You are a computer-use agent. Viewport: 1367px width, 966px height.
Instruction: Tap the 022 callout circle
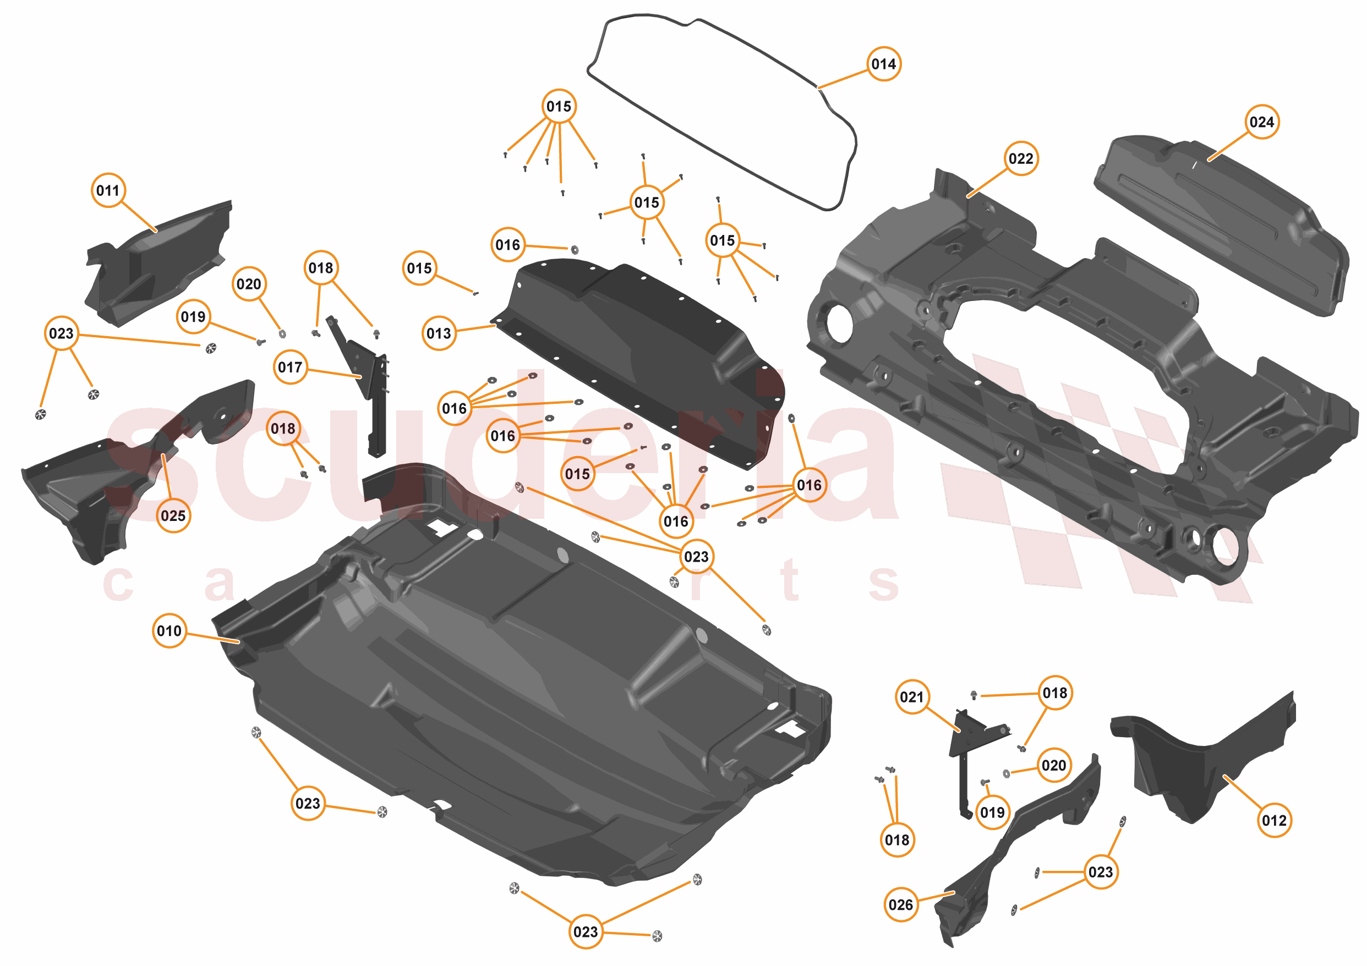click(1020, 158)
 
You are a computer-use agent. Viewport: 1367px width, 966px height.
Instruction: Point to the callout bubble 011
click(108, 190)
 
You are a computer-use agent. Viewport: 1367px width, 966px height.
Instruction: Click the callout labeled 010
click(169, 630)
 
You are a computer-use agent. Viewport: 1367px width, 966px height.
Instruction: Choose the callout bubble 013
click(439, 333)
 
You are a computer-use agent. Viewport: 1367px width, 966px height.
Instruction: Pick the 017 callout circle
click(290, 367)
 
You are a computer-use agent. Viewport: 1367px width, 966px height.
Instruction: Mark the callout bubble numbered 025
click(173, 515)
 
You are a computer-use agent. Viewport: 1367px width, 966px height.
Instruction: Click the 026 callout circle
click(900, 905)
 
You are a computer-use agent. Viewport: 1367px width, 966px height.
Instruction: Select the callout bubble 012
click(1274, 820)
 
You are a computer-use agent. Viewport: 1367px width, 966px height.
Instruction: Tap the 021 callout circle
click(911, 696)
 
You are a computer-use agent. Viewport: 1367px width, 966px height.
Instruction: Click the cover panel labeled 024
click(1221, 226)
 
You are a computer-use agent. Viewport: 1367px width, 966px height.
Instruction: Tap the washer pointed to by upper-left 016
click(575, 249)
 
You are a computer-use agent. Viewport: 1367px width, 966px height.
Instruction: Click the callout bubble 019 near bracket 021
click(992, 812)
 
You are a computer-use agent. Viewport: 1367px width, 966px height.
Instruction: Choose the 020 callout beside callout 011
click(248, 284)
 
